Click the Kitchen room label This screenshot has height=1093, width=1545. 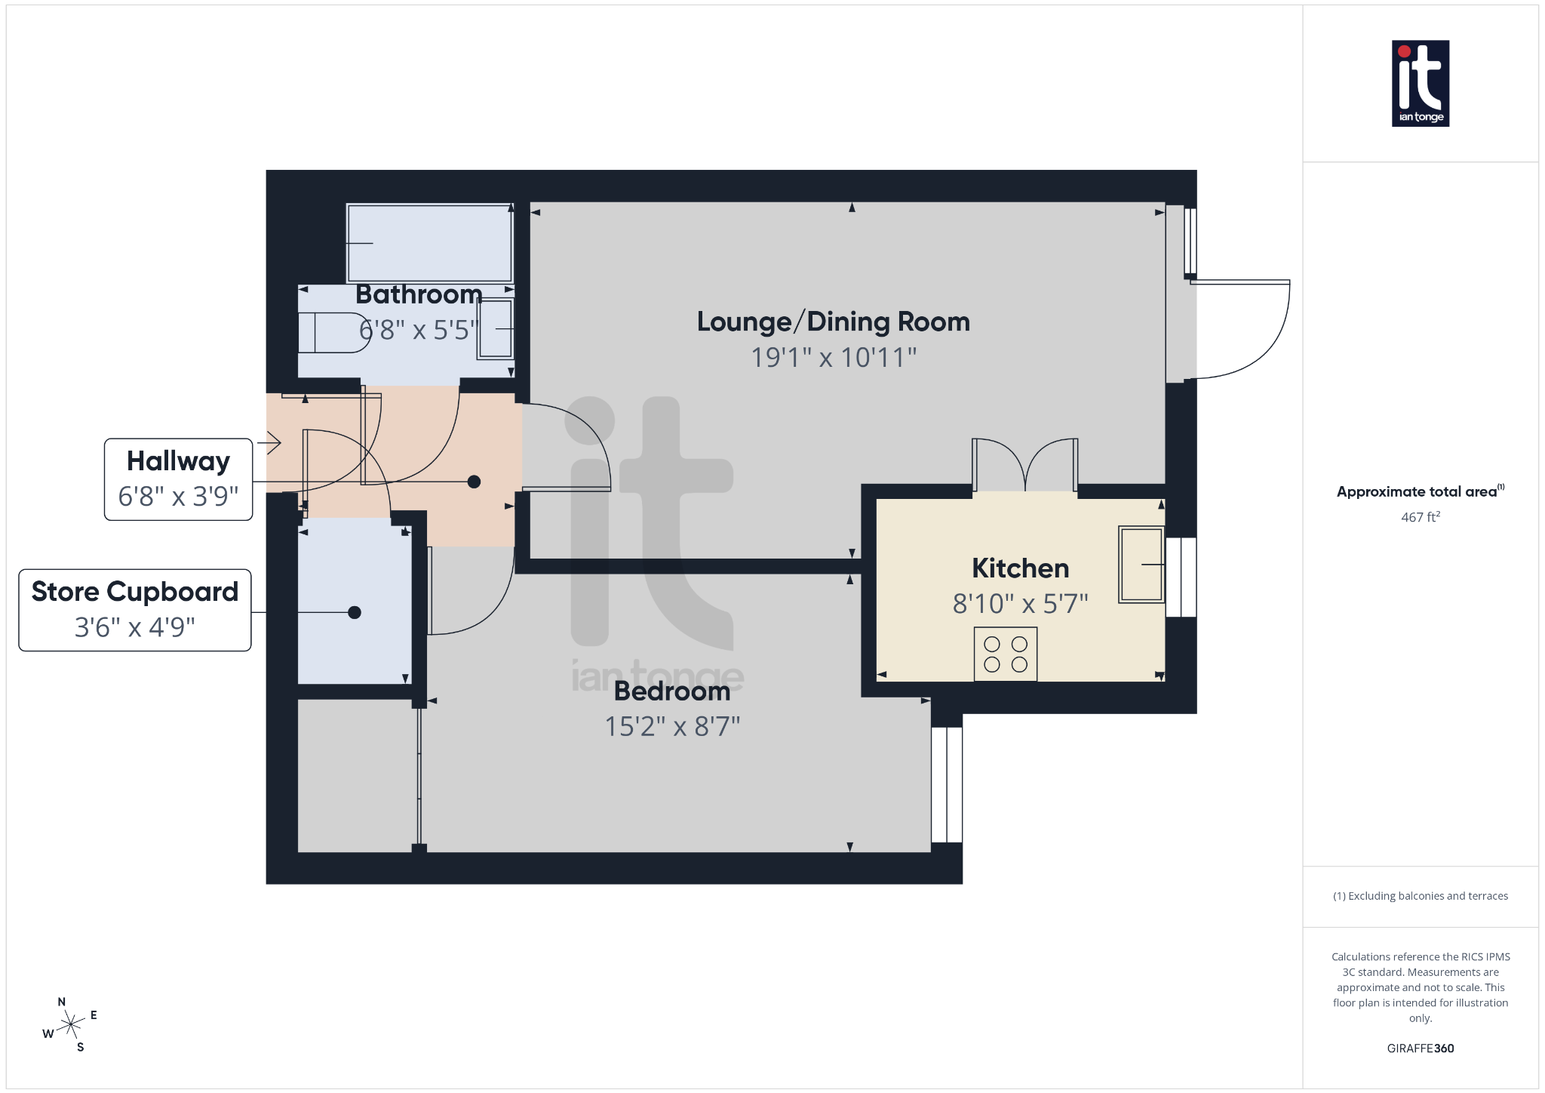point(1020,568)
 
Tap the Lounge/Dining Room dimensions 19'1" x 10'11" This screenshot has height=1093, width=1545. point(833,357)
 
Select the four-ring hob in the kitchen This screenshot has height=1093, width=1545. point(1005,654)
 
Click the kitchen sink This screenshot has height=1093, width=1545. point(1141,564)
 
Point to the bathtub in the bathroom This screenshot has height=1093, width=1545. point(429,243)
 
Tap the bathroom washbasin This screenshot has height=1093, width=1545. point(496,329)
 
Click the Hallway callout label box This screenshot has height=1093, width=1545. point(178,479)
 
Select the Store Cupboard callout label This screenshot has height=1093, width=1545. point(135,610)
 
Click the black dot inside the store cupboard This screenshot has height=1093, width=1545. point(355,612)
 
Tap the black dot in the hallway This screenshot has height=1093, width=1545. point(474,482)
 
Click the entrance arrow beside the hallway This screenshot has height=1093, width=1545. point(270,442)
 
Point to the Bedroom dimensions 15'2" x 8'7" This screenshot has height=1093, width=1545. point(672,726)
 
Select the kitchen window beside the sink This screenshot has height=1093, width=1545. point(1181,577)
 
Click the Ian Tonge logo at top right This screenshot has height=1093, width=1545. point(1420,83)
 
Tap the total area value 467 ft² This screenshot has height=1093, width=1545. point(1420,517)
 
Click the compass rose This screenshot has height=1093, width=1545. point(71,1024)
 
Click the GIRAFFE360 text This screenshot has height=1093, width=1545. point(1420,1048)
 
